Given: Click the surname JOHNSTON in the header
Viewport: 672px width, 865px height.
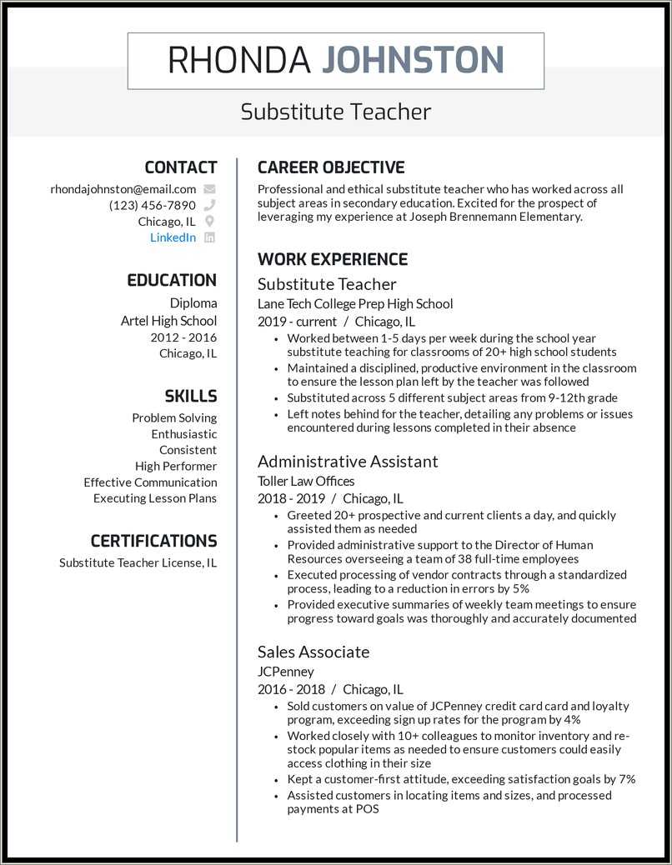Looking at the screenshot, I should tap(413, 61).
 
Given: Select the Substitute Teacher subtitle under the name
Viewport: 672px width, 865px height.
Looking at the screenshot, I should tap(335, 112).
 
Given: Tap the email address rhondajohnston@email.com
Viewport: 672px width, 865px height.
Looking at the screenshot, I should tap(123, 189).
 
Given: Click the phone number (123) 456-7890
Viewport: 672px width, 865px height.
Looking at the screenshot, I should tap(153, 205).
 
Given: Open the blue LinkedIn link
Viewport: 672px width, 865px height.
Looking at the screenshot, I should tap(173, 237).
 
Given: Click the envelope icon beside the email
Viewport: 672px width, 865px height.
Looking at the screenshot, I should tap(209, 189).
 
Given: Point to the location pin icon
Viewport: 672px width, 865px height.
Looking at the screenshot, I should tap(209, 222).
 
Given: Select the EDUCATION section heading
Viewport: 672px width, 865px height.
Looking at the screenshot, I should tap(171, 280).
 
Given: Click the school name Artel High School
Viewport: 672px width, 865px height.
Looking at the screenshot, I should tap(168, 321).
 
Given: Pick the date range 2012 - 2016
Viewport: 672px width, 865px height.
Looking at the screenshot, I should tap(183, 337).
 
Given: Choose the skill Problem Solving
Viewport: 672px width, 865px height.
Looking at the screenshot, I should tap(174, 417).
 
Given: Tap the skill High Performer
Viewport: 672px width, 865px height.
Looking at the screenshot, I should tap(176, 466).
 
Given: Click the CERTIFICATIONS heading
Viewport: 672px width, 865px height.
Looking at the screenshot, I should tap(153, 541).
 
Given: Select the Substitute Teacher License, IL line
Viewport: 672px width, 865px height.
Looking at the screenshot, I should tap(138, 562).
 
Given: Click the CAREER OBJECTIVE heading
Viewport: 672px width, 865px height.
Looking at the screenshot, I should tap(331, 167).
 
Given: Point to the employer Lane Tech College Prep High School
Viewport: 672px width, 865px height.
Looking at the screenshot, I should tap(355, 304).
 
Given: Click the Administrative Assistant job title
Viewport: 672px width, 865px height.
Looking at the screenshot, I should tap(348, 461).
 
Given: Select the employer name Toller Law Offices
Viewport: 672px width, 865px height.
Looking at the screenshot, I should tap(306, 481).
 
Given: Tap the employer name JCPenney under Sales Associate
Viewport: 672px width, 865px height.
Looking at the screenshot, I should tap(285, 672).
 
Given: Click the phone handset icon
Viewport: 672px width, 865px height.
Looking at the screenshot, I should tap(209, 205).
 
